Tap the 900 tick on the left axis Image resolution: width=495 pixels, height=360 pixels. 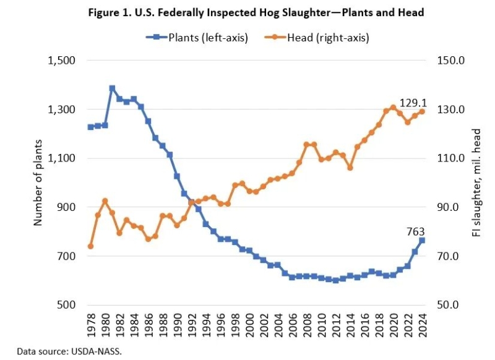click(65, 207)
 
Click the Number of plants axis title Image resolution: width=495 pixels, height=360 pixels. click(38, 182)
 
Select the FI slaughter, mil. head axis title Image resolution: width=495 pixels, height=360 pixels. click(477, 182)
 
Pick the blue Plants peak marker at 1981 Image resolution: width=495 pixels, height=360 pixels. click(112, 88)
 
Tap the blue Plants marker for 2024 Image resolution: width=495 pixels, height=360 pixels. click(422, 241)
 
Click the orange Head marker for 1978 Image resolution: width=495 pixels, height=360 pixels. click(90, 246)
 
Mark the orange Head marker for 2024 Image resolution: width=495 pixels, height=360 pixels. click(422, 111)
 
